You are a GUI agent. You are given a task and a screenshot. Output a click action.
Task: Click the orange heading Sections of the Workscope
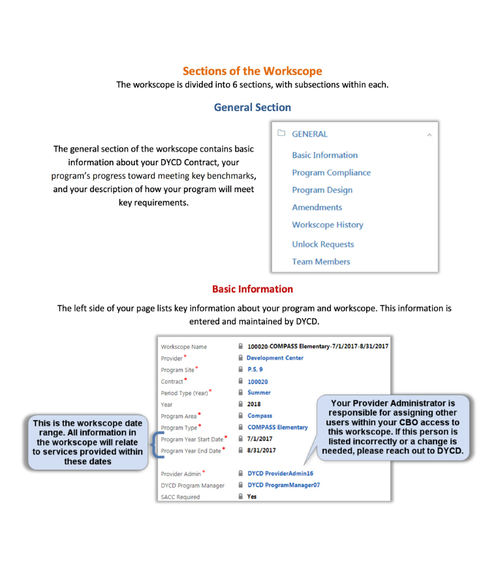coord(252,71)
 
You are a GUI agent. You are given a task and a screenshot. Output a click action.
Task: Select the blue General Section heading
coord(252,107)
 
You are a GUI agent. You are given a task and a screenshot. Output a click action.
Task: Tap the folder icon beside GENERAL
coord(281,134)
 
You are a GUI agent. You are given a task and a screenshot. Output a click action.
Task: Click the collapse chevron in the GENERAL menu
coord(429,135)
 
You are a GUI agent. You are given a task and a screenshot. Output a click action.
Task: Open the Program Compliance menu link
coord(331,172)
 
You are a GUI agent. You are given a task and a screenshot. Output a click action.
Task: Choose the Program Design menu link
coord(322,190)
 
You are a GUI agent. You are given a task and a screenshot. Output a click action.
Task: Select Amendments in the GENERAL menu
coord(317,207)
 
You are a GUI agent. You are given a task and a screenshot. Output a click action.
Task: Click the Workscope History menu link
coord(327,225)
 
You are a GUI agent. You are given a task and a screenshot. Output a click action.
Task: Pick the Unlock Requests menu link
coord(322,244)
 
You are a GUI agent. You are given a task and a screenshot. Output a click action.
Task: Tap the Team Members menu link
coord(320,261)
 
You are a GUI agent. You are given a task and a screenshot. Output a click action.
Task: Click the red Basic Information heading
coord(252,289)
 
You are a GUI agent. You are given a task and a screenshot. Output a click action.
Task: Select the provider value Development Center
coord(275,358)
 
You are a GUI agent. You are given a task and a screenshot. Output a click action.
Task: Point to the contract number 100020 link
coord(258,381)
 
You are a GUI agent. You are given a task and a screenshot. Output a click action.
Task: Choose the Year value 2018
coord(254,404)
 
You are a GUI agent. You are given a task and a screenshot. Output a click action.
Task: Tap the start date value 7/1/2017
coord(260,439)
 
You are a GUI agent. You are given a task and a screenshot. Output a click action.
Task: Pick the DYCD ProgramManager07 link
coord(283,485)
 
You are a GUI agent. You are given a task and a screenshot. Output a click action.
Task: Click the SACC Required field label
coord(180,497)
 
